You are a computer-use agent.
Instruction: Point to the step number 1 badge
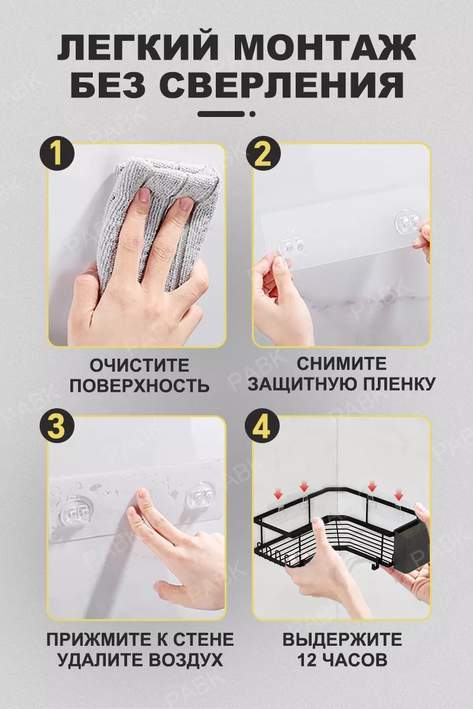click(x=57, y=155)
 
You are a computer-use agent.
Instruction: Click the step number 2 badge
click(x=263, y=155)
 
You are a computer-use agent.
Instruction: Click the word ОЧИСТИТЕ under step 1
click(x=140, y=365)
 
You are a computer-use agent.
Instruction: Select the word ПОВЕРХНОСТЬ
click(x=140, y=385)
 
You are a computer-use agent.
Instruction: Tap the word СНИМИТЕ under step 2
click(x=341, y=363)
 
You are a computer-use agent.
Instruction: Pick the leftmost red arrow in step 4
click(x=278, y=494)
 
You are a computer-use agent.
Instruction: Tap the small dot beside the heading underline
click(x=252, y=113)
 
